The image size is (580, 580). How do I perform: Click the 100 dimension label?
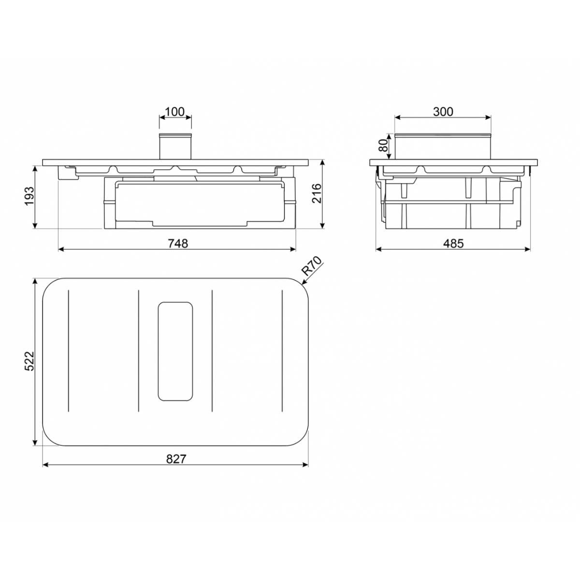pos(174,112)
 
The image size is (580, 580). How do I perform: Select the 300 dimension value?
pos(443,112)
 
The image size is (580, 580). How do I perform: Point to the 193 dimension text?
pos(29,196)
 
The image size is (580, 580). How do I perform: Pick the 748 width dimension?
pos(176,243)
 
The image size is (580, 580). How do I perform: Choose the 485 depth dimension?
pos(453,243)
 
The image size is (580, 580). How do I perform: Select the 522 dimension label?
pos(29,361)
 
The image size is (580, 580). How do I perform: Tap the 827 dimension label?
pos(176,459)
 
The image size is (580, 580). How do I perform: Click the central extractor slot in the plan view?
pos(175,351)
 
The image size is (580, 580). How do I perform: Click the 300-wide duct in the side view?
pos(443,146)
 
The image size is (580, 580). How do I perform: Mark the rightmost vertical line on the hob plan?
pos(282,351)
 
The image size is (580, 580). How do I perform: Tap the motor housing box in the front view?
pos(199,203)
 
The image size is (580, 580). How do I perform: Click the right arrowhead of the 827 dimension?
pos(306,465)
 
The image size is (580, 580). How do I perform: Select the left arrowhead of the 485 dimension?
pos(378,249)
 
